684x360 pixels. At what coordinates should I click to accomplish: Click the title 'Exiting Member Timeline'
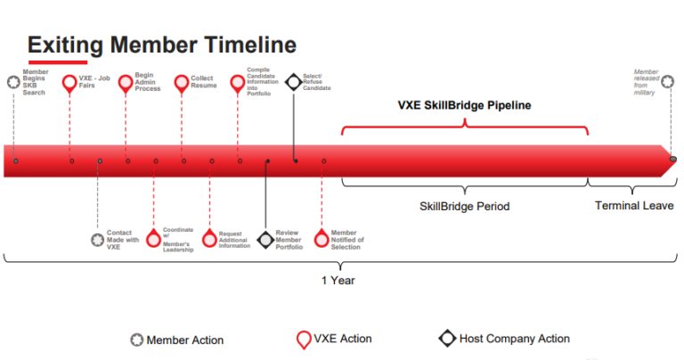coord(161,45)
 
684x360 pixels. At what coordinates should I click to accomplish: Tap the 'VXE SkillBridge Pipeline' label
coord(464,105)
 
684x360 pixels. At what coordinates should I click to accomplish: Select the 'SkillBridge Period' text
coord(464,206)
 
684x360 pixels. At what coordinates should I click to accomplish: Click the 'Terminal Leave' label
coord(634,206)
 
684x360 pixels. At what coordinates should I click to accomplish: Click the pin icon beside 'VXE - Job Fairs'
coord(70,84)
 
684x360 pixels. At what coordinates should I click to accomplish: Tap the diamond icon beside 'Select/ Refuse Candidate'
coord(292,83)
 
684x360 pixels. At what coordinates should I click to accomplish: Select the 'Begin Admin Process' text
coord(147,83)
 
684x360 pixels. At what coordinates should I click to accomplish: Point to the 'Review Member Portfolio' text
coord(289,240)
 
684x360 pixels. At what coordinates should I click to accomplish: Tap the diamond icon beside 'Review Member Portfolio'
coord(265,240)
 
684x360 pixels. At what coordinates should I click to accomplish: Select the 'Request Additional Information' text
coord(234,240)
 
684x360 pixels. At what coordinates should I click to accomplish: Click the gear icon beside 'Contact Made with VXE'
coord(98,239)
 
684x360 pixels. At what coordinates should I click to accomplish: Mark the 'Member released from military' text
coord(646,81)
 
